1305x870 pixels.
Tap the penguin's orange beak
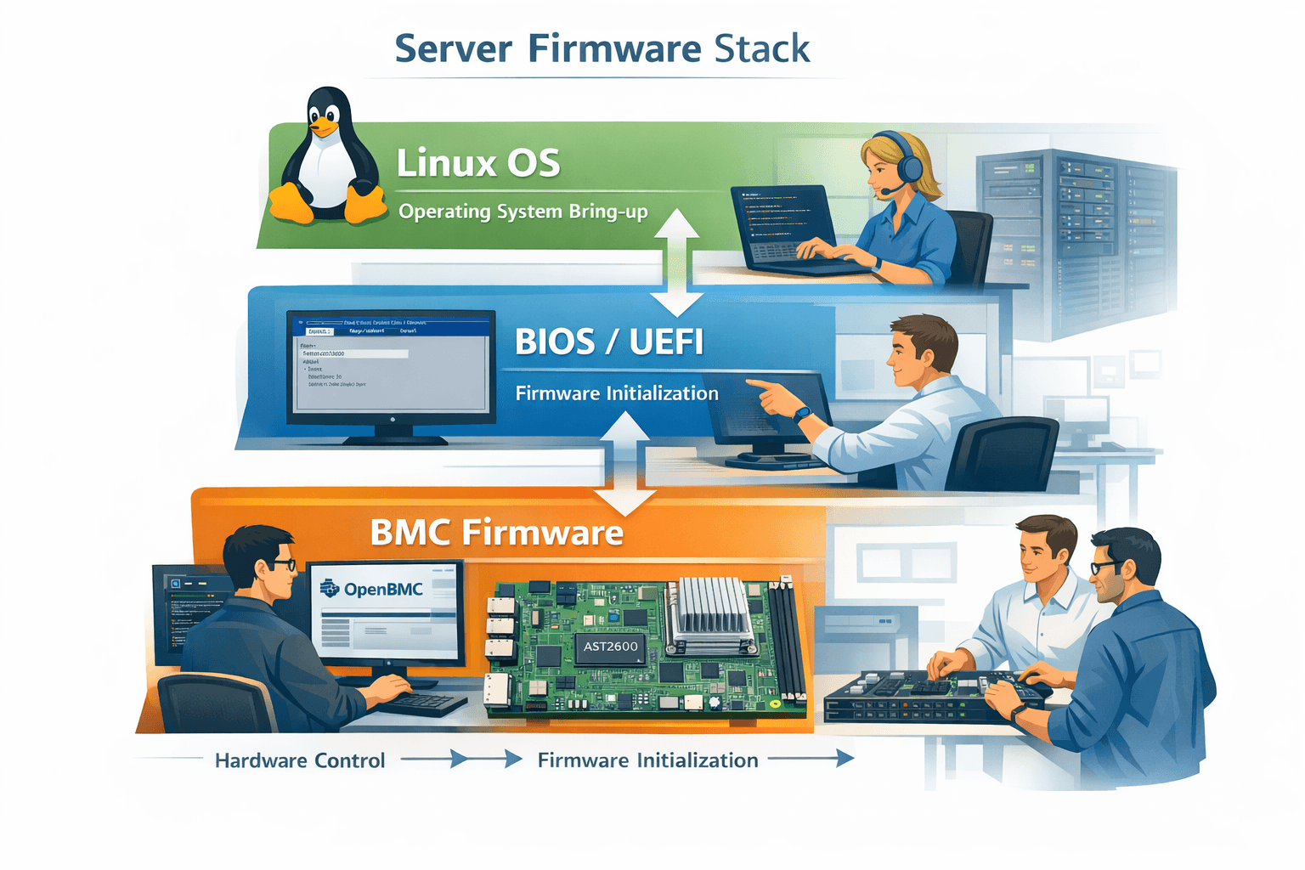(x=323, y=128)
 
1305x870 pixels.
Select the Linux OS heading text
(x=478, y=162)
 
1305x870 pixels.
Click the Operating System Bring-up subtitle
(x=523, y=212)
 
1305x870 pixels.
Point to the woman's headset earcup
(x=910, y=168)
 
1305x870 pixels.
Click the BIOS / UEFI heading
(x=609, y=342)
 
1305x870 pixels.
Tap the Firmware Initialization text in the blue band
(x=617, y=393)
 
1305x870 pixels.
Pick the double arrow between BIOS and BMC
(x=625, y=463)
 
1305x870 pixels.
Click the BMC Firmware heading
(x=497, y=533)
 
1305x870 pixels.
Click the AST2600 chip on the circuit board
(x=610, y=647)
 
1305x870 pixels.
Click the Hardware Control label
(x=300, y=760)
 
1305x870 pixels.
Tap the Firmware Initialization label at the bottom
(x=647, y=760)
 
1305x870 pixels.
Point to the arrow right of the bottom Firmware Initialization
(x=811, y=759)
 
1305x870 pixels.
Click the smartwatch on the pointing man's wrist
(x=802, y=415)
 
